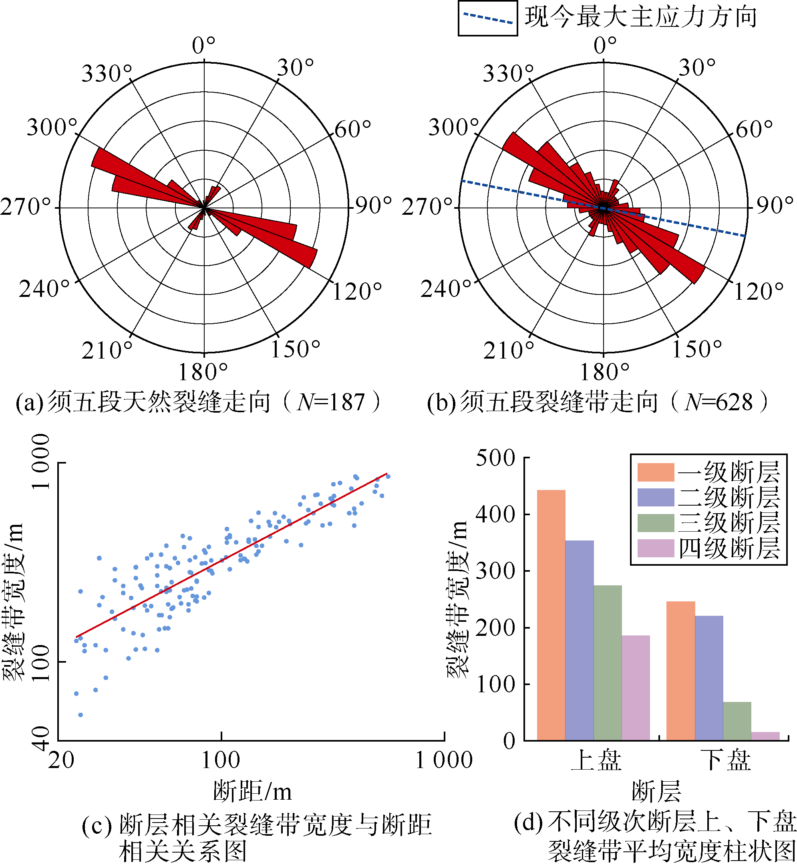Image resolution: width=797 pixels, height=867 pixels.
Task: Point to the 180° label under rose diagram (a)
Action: point(203,372)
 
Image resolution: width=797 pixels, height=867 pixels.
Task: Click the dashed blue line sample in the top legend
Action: point(487,18)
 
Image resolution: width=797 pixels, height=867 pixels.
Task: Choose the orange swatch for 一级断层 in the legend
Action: point(656,472)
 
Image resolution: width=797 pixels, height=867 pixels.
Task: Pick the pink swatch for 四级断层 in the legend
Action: point(656,548)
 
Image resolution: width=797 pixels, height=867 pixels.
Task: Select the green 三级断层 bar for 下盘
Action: point(737,721)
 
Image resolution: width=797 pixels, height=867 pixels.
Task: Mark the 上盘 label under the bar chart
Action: point(596,760)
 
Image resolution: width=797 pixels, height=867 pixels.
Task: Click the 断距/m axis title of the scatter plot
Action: point(252,792)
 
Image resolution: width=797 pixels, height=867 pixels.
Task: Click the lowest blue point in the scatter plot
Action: point(80,715)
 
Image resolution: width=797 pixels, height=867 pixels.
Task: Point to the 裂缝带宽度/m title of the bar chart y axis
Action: point(457,599)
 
